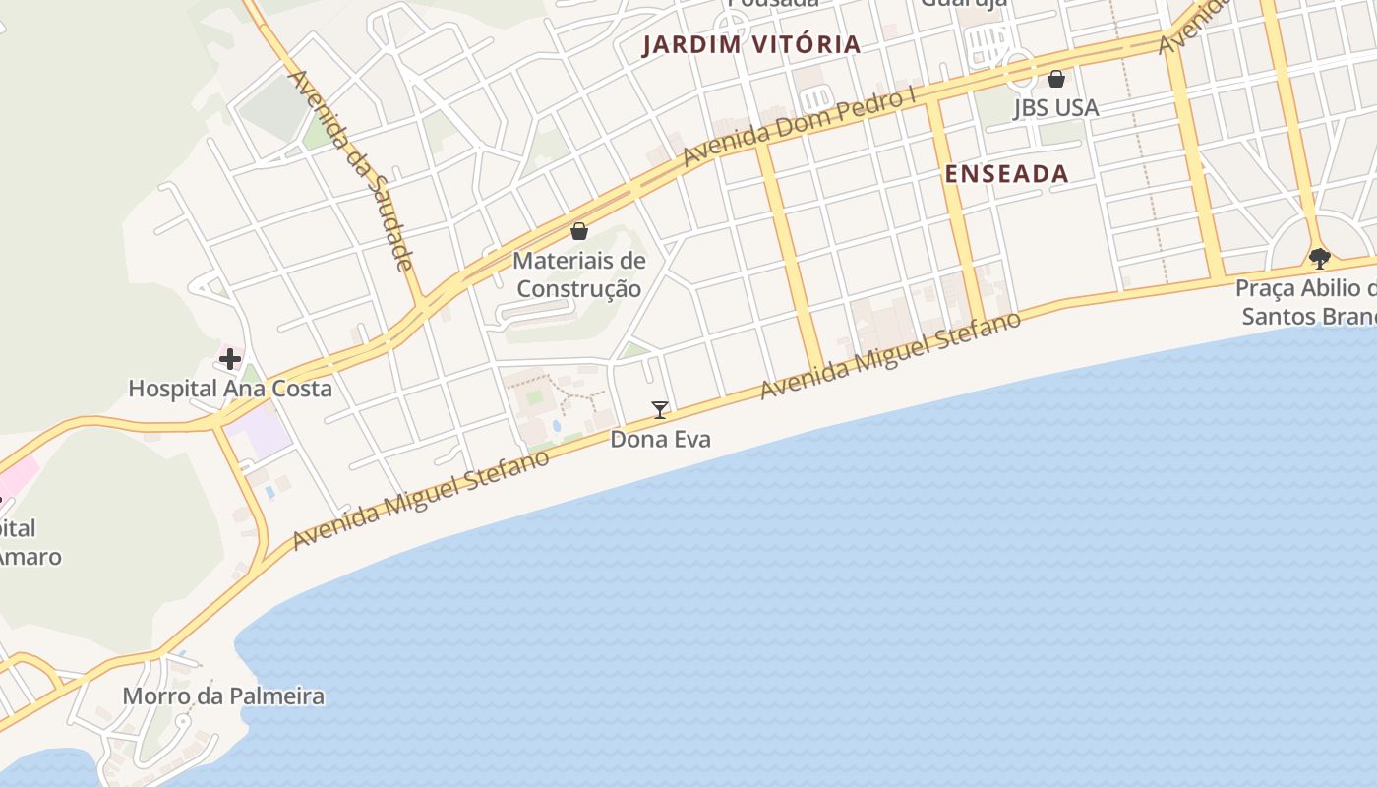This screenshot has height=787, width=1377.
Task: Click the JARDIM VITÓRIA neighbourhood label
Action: point(751,44)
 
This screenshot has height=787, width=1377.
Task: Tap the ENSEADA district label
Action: point(1006,174)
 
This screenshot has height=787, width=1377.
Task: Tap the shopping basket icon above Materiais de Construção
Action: point(579,231)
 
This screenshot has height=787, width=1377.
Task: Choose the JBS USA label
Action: point(1055,107)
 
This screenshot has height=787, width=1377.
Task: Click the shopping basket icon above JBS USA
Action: point(1056,79)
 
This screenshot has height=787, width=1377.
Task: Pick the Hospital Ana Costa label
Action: point(230,389)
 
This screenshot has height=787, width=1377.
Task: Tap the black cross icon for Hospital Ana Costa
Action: point(229,359)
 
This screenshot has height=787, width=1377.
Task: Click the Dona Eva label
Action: point(660,439)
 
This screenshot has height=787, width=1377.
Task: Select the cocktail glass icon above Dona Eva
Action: point(660,409)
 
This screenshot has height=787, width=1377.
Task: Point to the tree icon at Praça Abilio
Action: point(1320,259)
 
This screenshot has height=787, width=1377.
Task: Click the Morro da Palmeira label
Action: point(223,696)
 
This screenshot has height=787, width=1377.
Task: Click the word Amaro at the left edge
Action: point(30,557)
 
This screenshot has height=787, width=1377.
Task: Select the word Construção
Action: point(579,288)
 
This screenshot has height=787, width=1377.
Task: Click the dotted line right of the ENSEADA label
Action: point(1147,177)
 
